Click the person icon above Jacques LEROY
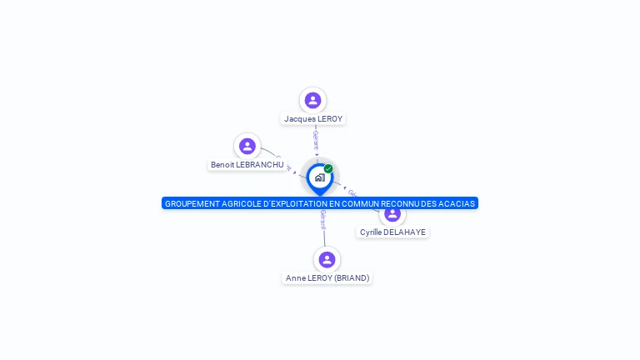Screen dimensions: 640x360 312,101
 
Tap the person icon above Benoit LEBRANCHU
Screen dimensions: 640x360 247,147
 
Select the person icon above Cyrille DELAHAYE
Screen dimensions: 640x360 392,214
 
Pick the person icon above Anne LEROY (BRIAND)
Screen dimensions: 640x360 327,259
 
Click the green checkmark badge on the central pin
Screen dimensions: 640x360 328,169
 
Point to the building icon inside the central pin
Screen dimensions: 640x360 319,177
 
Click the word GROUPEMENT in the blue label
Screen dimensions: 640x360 192,203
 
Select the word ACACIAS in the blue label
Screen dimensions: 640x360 457,203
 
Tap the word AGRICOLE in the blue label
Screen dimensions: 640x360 241,203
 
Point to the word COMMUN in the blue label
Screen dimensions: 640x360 358,203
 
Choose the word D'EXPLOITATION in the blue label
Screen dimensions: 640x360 295,203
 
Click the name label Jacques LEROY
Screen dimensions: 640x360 313,119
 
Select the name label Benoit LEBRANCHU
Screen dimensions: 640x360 247,165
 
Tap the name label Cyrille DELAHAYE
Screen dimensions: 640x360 392,232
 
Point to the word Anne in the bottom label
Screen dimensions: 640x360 295,278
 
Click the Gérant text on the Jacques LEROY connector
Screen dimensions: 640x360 316,137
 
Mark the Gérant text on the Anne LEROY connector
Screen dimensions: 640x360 323,220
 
